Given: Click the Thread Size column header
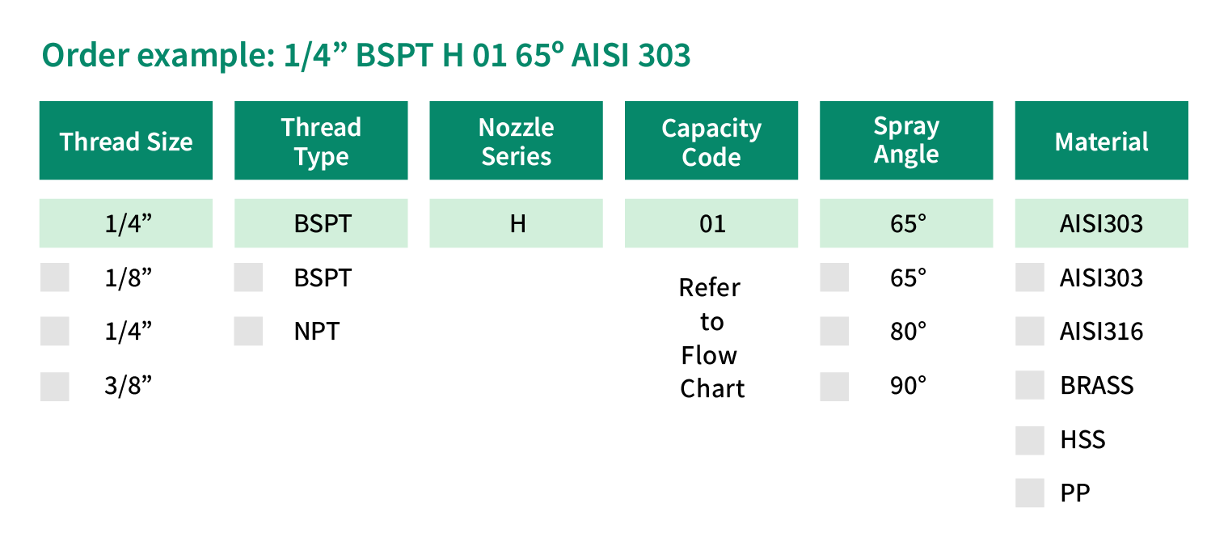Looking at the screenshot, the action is [x=125, y=140].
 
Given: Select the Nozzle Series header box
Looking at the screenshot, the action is [x=516, y=140].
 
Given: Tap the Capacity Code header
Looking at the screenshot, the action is [x=711, y=140].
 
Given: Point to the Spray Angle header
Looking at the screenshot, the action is [x=906, y=140].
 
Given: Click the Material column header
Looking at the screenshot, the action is [x=1101, y=140].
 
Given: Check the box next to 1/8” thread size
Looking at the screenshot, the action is [x=55, y=277].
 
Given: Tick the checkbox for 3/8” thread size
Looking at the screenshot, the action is [x=55, y=387].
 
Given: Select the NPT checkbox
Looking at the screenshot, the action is [x=248, y=331].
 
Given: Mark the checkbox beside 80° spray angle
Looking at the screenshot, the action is [x=834, y=331].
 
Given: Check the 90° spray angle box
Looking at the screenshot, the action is [x=834, y=387].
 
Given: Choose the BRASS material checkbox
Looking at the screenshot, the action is [x=1030, y=385].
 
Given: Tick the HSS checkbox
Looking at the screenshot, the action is [x=1030, y=440].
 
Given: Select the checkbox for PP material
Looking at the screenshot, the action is [x=1030, y=493].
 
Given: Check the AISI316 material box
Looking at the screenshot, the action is [x=1030, y=331].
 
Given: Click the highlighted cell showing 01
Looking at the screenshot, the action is [x=711, y=222].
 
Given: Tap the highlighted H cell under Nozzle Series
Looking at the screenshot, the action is [x=516, y=222].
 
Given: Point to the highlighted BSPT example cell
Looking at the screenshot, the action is [x=321, y=222].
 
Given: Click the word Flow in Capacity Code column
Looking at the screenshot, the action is [x=709, y=355].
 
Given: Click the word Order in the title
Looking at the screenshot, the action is [x=86, y=56].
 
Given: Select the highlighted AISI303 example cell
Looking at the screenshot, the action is [x=1101, y=222].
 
